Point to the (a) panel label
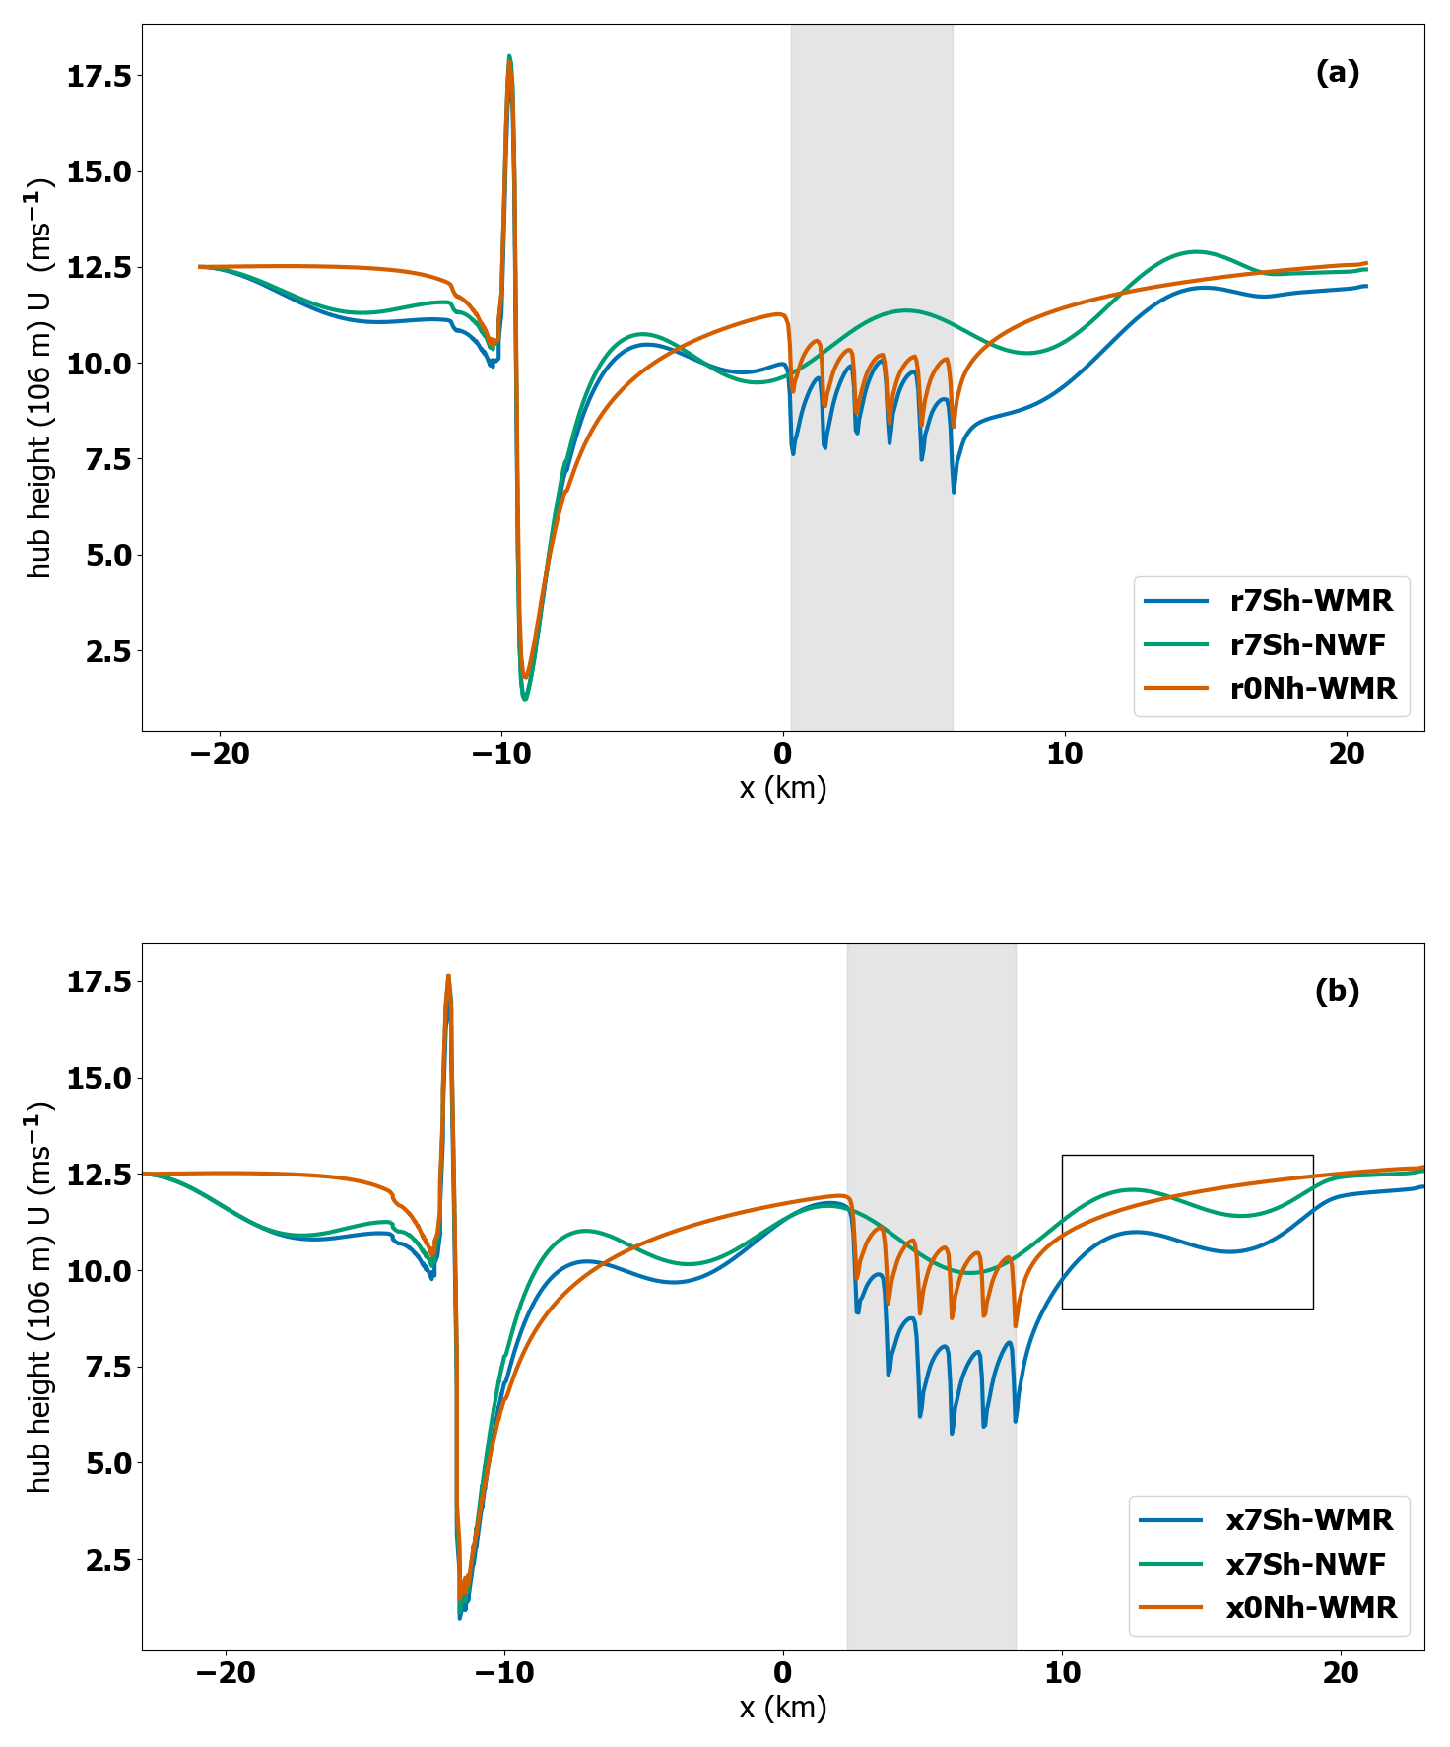pyautogui.click(x=1337, y=73)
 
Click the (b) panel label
pyautogui.click(x=1337, y=991)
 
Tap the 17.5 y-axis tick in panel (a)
pyautogui.click(x=98, y=76)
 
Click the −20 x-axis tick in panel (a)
pyautogui.click(x=220, y=755)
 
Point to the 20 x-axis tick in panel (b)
pyautogui.click(x=1341, y=1673)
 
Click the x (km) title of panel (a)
pyautogui.click(x=783, y=788)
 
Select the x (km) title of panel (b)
pyautogui.click(x=783, y=1707)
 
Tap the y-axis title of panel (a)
pyautogui.click(x=39, y=378)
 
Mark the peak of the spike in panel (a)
pyautogui.click(x=509, y=57)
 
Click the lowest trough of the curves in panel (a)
pyautogui.click(x=525, y=699)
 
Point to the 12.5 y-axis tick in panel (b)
pyautogui.click(x=98, y=1175)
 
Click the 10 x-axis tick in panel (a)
pyautogui.click(x=1065, y=755)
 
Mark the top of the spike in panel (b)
pyautogui.click(x=448, y=975)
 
